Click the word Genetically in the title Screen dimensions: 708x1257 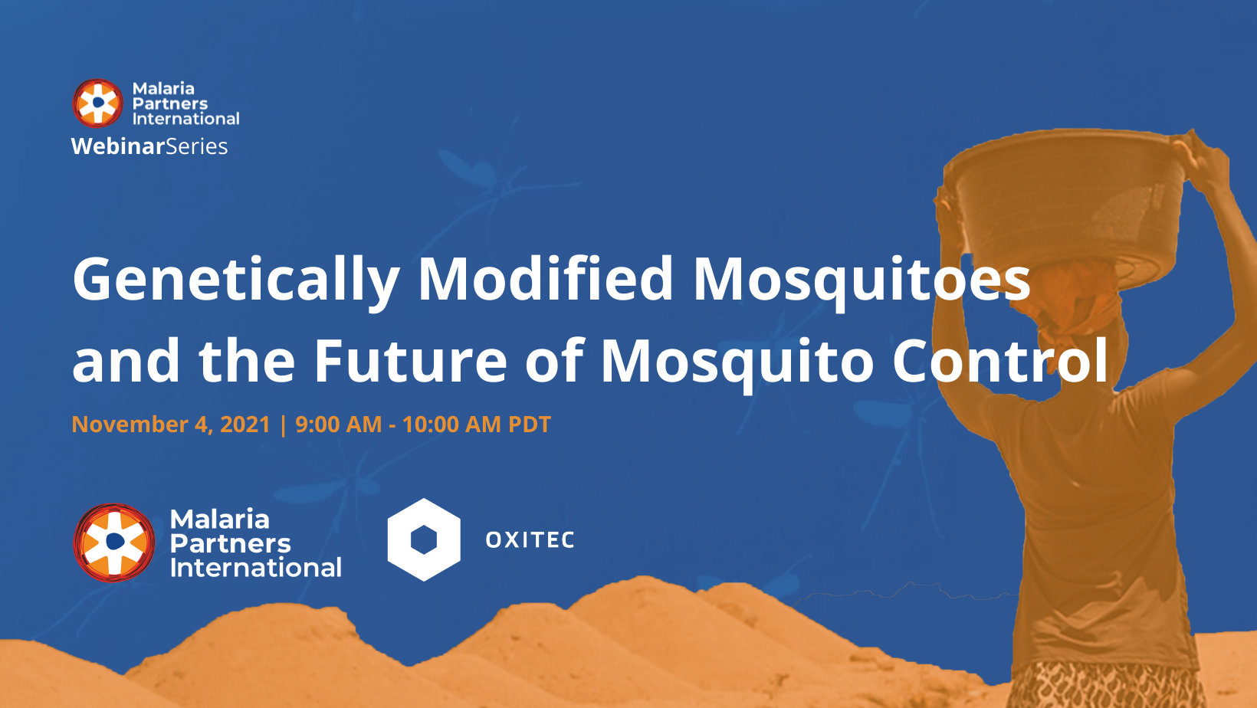click(x=235, y=280)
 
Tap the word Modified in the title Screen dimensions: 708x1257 click(x=545, y=278)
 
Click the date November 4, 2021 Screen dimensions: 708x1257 click(x=171, y=424)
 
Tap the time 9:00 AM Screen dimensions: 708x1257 click(x=338, y=424)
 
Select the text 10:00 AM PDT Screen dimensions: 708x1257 click(x=476, y=424)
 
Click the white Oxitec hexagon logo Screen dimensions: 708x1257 click(x=424, y=539)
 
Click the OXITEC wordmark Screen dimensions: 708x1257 click(x=530, y=540)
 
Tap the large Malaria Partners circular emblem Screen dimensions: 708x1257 click(x=114, y=542)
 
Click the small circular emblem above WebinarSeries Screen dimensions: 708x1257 click(x=97, y=103)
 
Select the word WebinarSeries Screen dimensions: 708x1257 click(x=149, y=146)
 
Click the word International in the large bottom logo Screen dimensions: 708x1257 click(x=255, y=568)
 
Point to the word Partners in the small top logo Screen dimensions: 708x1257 click(x=169, y=103)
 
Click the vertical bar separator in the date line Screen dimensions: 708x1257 click(x=283, y=424)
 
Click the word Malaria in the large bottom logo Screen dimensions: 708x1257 click(x=219, y=520)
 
